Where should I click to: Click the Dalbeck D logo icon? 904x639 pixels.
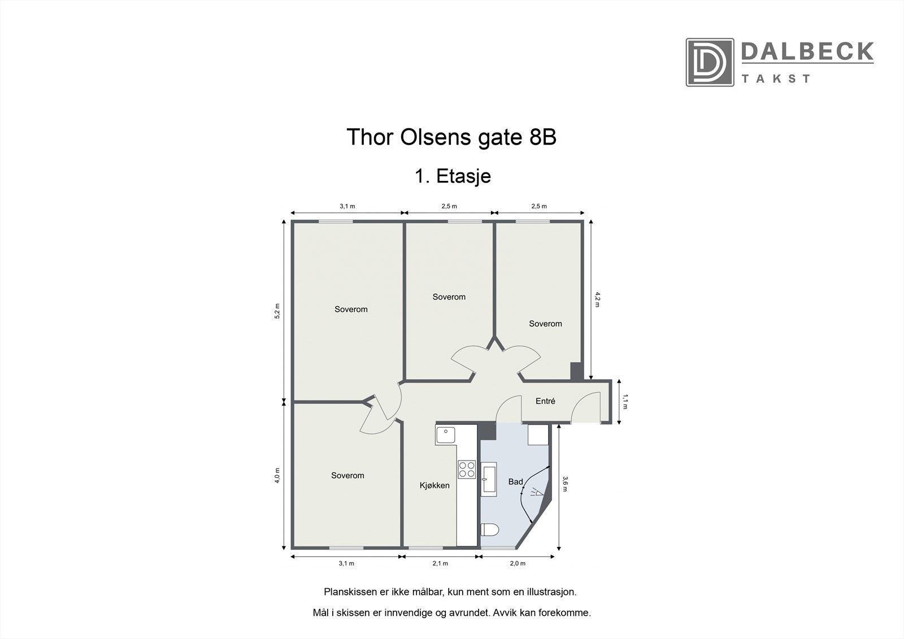[710, 62]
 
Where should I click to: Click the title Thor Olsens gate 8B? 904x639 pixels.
[451, 137]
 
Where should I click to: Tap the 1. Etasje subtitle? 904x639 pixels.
[453, 176]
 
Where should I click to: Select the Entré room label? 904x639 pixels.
[545, 401]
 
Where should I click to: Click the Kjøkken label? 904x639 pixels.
[434, 485]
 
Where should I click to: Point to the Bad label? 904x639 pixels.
[515, 482]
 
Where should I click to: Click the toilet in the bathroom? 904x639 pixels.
[489, 530]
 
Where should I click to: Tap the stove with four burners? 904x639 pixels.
[467, 470]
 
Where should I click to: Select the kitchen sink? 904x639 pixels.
[446, 435]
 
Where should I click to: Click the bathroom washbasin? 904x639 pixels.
[488, 479]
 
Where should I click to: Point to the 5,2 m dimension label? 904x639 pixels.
[277, 311]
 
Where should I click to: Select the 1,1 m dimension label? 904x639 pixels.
[625, 401]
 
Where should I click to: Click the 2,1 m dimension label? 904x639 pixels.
[440, 563]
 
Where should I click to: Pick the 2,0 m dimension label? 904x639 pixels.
[518, 563]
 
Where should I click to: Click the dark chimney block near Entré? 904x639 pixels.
[576, 371]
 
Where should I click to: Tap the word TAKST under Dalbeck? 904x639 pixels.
[776, 79]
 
